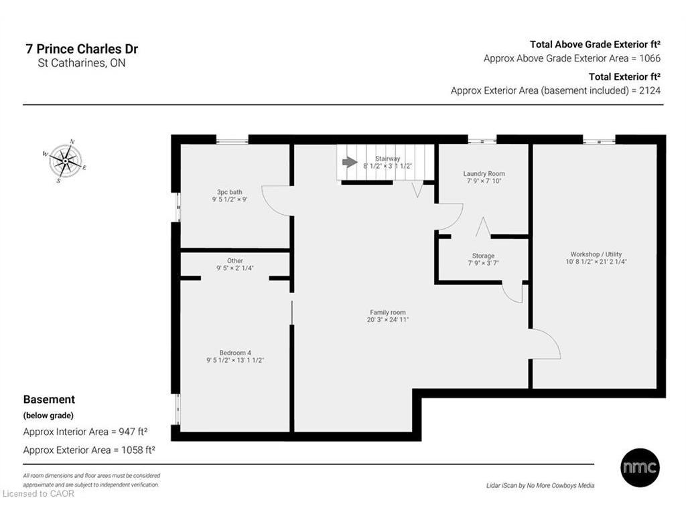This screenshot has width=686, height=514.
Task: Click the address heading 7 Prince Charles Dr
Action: [82, 49]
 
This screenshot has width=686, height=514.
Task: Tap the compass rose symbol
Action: [65, 161]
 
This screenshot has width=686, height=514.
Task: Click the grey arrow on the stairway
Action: [350, 162]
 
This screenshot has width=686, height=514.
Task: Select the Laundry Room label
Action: [484, 173]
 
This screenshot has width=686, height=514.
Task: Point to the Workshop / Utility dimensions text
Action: [596, 262]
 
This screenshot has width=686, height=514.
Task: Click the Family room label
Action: [388, 313]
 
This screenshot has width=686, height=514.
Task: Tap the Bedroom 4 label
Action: [235, 353]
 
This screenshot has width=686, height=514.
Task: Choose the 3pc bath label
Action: [230, 192]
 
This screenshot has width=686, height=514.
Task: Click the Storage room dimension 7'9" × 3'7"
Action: [483, 263]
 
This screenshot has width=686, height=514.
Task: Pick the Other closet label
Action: [235, 261]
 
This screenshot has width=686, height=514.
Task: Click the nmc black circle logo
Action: [640, 468]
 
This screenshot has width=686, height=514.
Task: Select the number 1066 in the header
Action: [650, 59]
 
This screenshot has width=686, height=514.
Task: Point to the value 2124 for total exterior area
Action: [650, 91]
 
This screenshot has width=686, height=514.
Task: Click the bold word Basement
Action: [49, 400]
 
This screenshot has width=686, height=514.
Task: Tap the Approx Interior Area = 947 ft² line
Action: [85, 432]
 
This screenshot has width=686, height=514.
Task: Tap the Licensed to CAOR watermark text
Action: [38, 494]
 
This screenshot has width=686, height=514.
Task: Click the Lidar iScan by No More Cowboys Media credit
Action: [541, 486]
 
